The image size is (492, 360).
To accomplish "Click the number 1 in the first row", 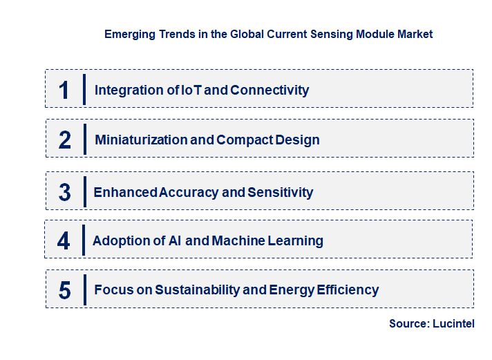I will pos(64,90).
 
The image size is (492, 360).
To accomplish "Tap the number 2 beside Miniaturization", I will pos(65,140).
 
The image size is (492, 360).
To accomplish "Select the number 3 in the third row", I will pos(65,192).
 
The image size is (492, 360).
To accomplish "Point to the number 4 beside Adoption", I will pos(64,241).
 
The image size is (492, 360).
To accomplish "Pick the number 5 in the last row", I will pos(65,290).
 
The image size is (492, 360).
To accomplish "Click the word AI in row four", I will pos(173,241).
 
